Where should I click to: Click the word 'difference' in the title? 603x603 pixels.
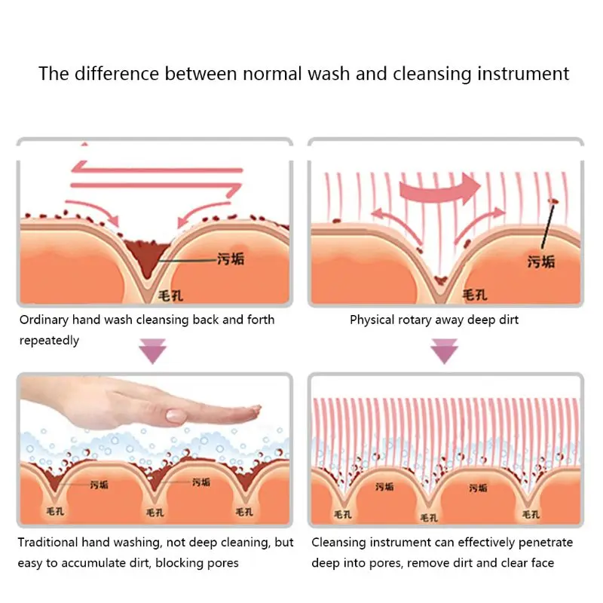(x=117, y=73)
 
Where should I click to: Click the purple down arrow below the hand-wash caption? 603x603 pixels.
(x=153, y=351)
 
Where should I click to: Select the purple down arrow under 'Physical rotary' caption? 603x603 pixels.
(x=444, y=351)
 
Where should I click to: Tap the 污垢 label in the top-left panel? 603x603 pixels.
(x=231, y=259)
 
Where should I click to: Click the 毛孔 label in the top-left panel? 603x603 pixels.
(x=170, y=295)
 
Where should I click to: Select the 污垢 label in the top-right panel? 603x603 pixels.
(x=541, y=262)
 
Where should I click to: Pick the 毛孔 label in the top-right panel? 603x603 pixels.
(x=475, y=295)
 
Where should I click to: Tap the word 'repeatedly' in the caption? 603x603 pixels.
(x=49, y=341)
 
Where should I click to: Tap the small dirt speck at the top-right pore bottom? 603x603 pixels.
(x=440, y=280)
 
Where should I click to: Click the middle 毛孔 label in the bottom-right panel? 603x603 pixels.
(x=429, y=518)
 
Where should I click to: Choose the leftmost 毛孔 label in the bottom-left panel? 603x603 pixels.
(x=55, y=512)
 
